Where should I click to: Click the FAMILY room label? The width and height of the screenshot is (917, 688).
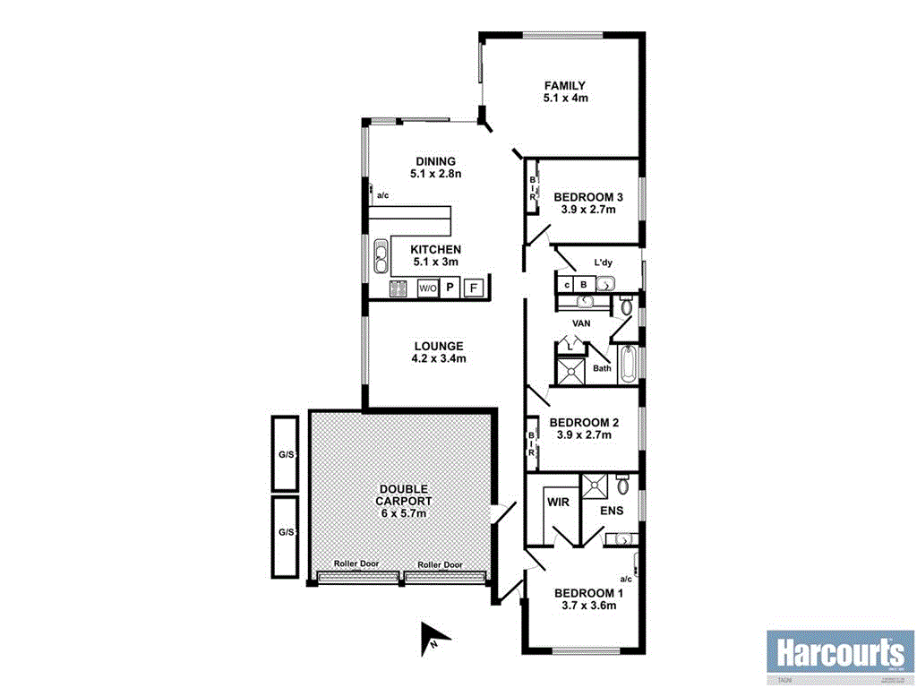(565, 91)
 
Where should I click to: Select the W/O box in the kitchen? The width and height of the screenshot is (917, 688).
(428, 288)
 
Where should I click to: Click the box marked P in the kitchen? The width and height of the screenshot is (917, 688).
(450, 288)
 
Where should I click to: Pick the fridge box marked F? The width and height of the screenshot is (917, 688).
(474, 288)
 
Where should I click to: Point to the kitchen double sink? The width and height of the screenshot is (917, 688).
(381, 257)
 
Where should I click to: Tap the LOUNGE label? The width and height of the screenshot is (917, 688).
(438, 352)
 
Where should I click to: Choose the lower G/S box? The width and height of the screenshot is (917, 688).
(286, 532)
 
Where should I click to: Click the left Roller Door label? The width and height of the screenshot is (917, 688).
(356, 564)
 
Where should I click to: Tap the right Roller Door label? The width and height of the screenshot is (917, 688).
(440, 565)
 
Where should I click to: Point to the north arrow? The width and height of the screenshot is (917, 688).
(433, 637)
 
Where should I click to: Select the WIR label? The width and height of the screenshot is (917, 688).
(558, 503)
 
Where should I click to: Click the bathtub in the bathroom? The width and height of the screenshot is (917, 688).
(628, 365)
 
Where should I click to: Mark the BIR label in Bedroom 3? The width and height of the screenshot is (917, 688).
(532, 188)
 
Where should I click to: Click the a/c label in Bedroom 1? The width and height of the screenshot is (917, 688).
(626, 580)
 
